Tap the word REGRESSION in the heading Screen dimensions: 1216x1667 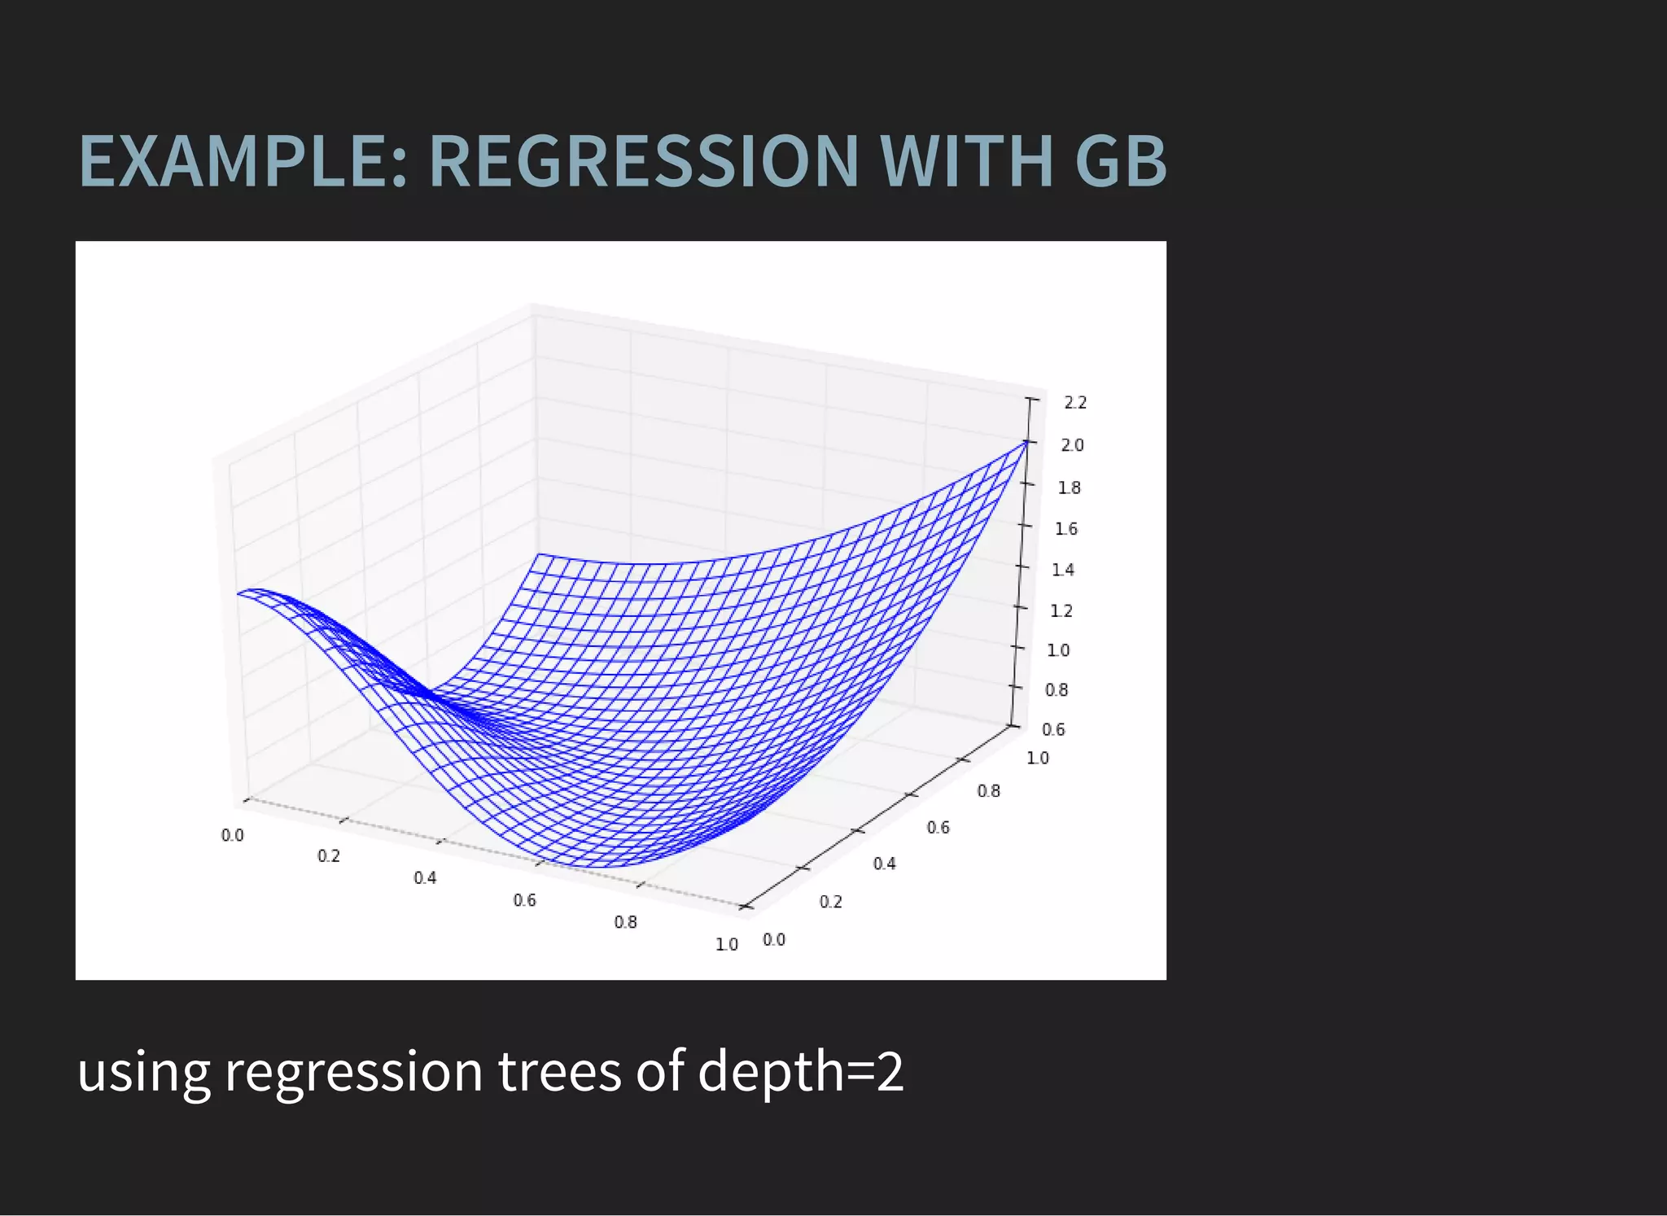(643, 161)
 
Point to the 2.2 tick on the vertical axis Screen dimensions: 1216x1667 (1075, 402)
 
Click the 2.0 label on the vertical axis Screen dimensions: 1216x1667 (1072, 445)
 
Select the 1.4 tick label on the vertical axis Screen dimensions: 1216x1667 (1063, 570)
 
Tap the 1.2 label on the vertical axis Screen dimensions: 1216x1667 (1061, 610)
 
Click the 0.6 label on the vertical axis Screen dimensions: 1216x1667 (1053, 729)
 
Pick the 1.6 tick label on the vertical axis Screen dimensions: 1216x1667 (1065, 529)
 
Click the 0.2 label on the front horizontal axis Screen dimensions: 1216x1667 (329, 855)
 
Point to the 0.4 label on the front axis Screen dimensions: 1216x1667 (425, 877)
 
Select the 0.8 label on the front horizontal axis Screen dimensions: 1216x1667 (625, 922)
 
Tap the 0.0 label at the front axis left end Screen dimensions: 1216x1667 (232, 835)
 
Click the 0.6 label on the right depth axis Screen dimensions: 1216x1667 (938, 828)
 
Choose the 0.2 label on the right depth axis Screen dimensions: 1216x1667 (830, 902)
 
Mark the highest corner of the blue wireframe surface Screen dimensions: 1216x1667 (1026, 441)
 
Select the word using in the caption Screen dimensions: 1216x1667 (143, 1073)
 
